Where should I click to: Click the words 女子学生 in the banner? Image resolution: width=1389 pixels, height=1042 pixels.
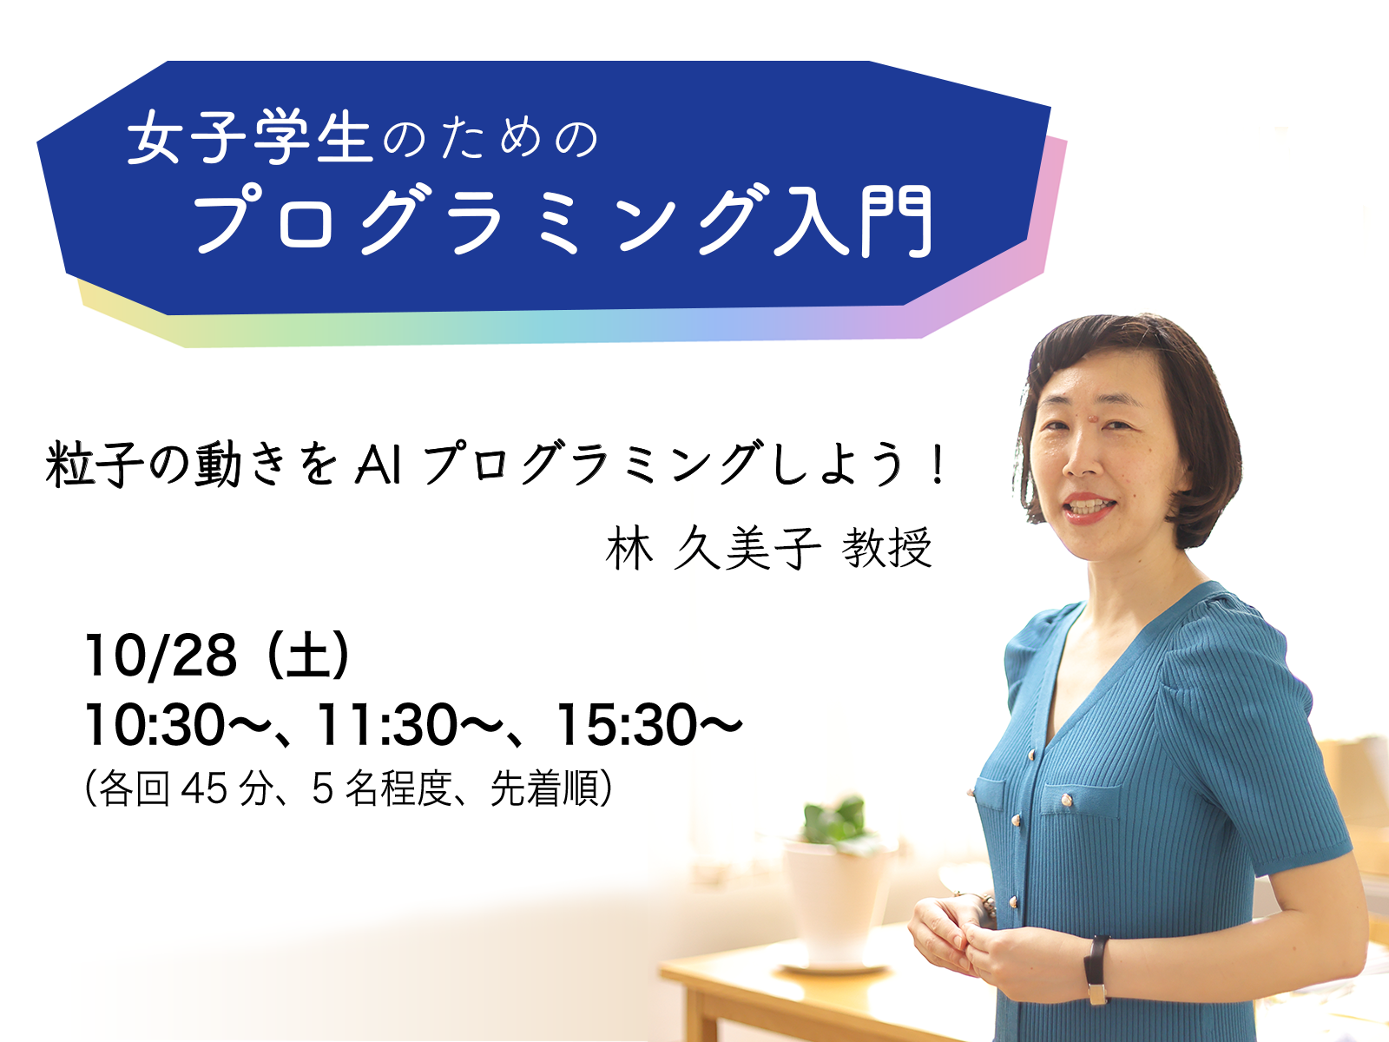coord(249,139)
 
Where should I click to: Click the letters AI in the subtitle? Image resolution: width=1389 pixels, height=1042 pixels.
coord(379,465)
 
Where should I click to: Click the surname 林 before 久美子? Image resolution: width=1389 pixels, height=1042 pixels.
coord(629,548)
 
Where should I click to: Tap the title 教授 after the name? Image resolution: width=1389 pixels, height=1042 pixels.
coord(886,548)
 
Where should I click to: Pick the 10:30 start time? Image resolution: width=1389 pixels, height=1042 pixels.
coord(155,725)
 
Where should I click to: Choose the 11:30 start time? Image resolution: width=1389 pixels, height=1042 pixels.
coord(386,725)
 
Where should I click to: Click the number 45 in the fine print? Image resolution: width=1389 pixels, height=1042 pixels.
coord(204,789)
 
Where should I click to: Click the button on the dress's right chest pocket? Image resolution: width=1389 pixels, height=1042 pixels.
coord(1067,801)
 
